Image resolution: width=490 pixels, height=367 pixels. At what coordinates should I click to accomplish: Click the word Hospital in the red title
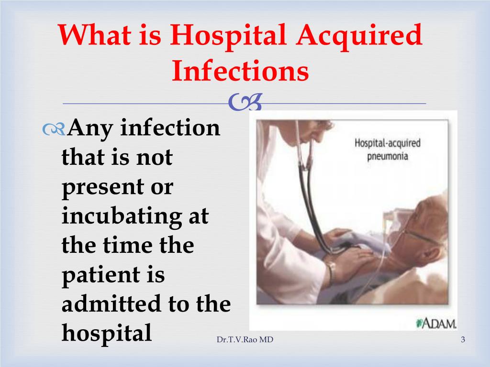coord(228,36)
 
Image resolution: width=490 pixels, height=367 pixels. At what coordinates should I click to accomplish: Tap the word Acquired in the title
coord(360,36)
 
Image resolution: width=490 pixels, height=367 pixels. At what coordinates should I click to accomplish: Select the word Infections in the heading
coord(240,71)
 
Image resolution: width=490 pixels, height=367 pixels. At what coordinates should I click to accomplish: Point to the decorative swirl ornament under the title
coord(245,102)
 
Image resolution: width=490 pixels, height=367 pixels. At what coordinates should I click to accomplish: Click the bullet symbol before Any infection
coord(54,129)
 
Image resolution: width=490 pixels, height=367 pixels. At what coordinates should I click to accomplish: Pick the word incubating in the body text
coord(122,216)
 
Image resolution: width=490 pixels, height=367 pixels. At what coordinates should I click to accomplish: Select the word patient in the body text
coord(100,275)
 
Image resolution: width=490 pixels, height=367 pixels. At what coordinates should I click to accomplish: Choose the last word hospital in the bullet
coord(107,333)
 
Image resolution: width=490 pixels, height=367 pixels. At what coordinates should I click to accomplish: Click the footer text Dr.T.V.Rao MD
coord(245,340)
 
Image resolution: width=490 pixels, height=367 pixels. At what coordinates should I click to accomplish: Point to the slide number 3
coord(463,340)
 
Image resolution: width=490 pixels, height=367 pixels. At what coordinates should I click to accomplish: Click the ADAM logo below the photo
coord(436,324)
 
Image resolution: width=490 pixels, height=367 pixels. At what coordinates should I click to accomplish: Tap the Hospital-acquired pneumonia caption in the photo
coord(388,149)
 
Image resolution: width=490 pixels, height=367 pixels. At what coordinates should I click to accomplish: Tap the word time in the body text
coord(127,245)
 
